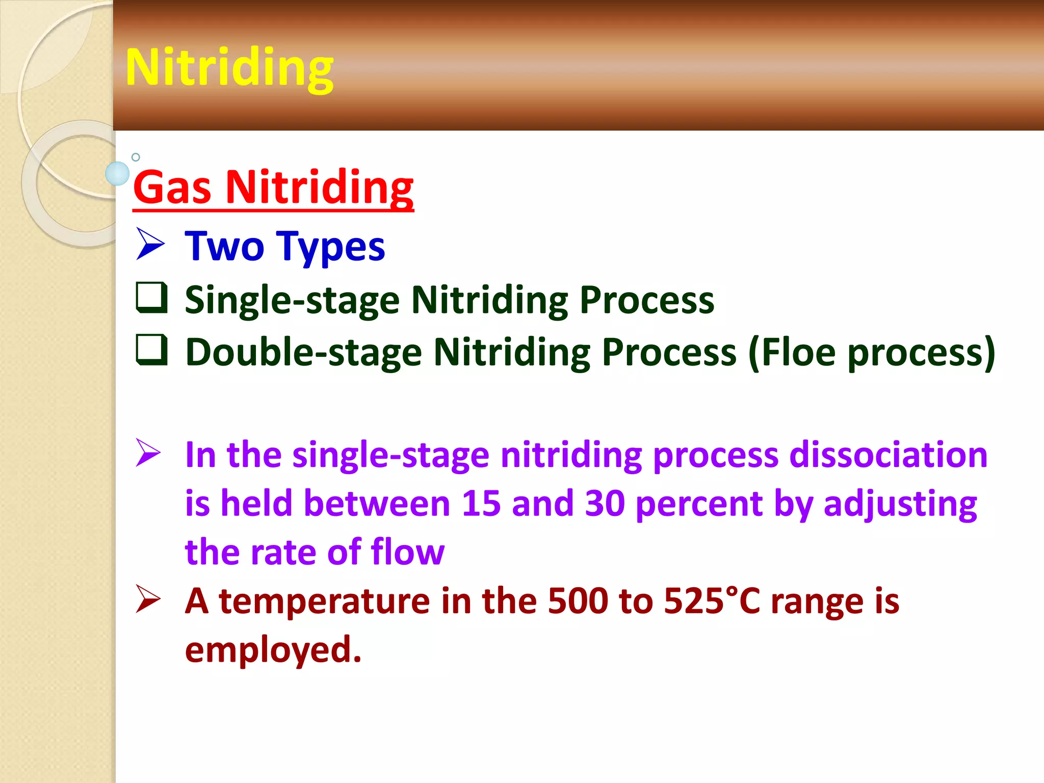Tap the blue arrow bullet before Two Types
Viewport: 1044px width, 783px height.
pos(150,245)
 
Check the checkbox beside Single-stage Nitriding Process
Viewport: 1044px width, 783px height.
pos(151,297)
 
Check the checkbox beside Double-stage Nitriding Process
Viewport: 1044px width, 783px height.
pos(151,350)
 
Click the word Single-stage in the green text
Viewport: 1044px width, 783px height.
pos(292,300)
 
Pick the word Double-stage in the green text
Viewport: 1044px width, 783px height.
pos(303,353)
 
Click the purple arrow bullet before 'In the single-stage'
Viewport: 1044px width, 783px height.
pos(148,453)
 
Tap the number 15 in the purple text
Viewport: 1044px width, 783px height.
pos(481,504)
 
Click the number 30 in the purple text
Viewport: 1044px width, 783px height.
pos(605,504)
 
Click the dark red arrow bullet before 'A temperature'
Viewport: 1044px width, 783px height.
pos(148,599)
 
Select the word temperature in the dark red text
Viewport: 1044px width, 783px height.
pos(325,602)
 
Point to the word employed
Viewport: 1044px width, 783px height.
pos(273,650)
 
